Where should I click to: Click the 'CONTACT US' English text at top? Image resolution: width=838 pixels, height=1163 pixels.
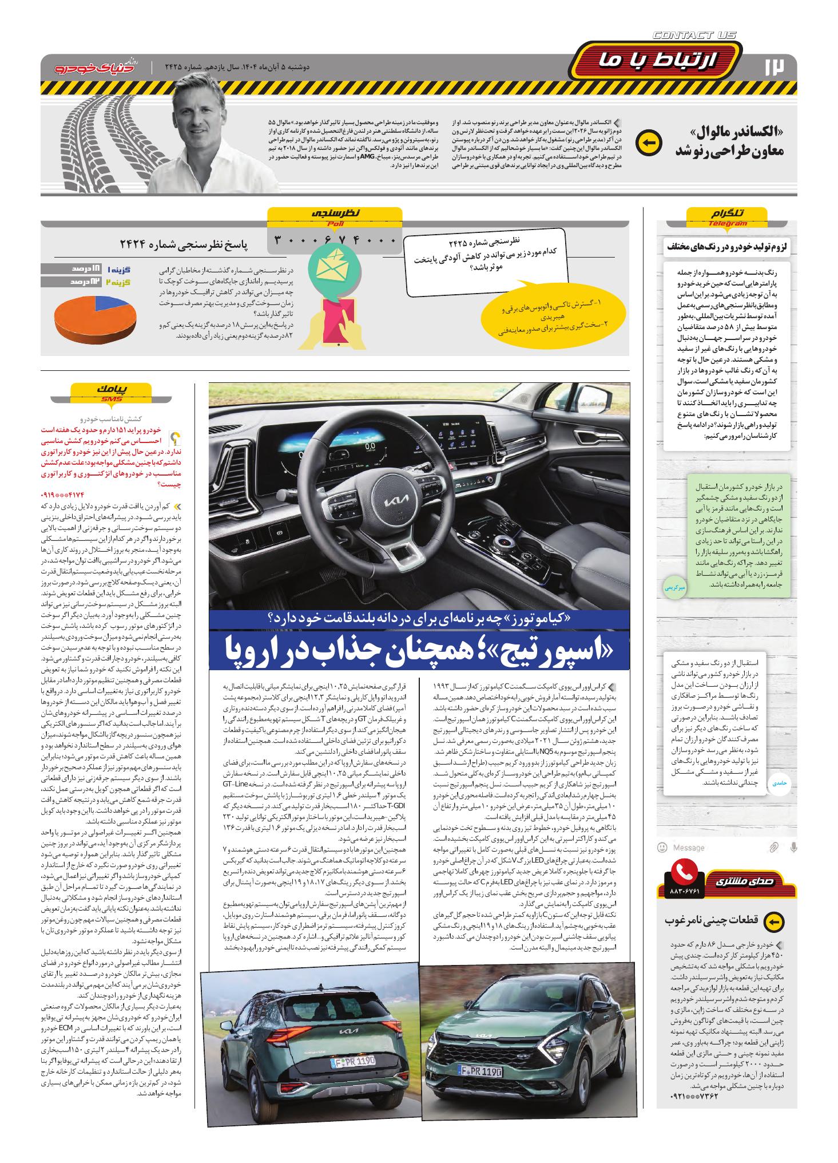tap(694, 35)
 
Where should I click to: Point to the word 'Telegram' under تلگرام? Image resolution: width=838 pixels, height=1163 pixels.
tap(728, 224)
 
